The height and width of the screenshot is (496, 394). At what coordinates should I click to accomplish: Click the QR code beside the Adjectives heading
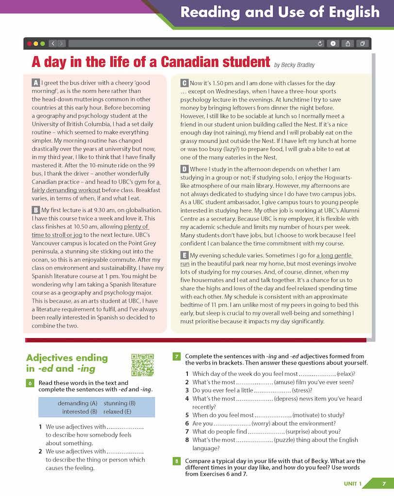tap(142, 365)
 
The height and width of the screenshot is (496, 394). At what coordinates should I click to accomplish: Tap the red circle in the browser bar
tap(30, 44)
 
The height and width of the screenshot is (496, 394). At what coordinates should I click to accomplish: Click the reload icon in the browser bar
tap(320, 44)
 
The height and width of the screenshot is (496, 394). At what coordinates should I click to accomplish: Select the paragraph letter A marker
tap(35, 83)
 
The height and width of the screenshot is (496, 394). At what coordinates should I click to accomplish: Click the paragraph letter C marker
tap(184, 83)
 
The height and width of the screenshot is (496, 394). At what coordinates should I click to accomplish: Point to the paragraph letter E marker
tap(184, 255)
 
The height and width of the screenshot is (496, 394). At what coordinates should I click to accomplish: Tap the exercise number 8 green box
tap(177, 461)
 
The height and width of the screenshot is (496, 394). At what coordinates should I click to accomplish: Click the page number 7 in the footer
tap(383, 483)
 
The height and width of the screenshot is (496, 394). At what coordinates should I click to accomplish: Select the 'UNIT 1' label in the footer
tap(353, 483)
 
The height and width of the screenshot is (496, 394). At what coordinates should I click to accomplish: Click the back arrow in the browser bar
tap(53, 44)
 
